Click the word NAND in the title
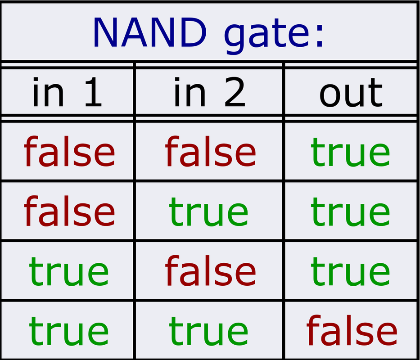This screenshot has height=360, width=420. pyautogui.click(x=149, y=32)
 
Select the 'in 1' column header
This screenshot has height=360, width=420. pyautogui.click(x=67, y=93)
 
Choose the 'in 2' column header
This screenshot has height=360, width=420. pyautogui.click(x=210, y=93)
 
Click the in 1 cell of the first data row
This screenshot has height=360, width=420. pyautogui.click(x=69, y=152)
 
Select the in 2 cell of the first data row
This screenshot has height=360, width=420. pyautogui.click(x=210, y=152)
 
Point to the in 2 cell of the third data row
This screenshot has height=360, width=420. pyautogui.click(x=210, y=271)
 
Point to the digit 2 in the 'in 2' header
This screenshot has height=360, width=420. pyautogui.click(x=235, y=93)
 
